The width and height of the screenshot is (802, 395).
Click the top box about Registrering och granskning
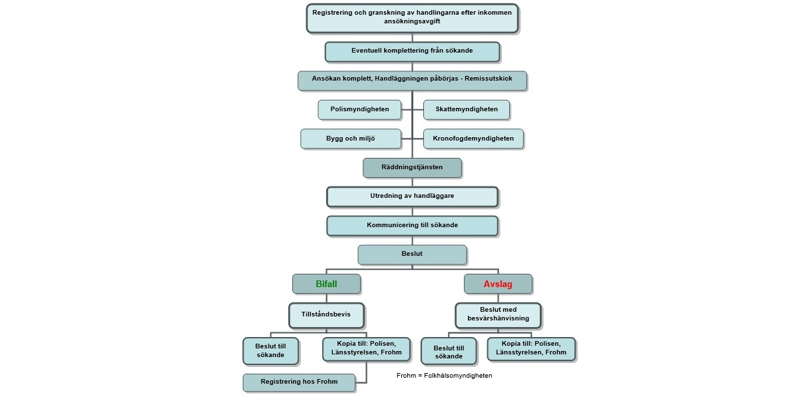412,18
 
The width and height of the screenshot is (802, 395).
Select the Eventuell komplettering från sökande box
412,51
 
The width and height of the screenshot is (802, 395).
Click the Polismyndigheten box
359,109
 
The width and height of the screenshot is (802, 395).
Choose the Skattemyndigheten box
466,109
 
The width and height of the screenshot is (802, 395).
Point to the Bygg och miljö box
351,139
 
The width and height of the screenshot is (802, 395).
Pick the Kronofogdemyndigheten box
473,139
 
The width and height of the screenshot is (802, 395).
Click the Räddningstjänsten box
412,168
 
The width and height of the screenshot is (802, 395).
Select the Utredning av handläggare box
412,197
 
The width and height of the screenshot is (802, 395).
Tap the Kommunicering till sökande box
412,226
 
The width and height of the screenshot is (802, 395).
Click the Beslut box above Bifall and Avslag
412,254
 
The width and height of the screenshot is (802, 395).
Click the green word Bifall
326,284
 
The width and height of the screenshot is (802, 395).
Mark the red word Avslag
498,284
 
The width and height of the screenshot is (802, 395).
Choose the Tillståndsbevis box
326,314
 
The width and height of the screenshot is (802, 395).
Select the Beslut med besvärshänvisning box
498,314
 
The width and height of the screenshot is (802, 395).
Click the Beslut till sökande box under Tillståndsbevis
270,350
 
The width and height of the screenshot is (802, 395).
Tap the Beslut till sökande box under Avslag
449,351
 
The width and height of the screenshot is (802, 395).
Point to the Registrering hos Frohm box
299,382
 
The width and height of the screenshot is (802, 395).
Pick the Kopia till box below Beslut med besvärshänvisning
530,348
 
